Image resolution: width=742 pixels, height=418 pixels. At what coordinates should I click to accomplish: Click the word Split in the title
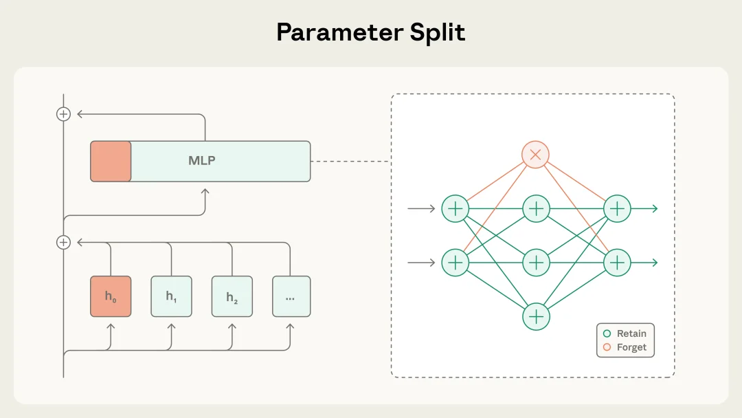click(440, 32)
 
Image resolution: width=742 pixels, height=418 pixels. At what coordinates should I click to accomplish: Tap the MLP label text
click(201, 161)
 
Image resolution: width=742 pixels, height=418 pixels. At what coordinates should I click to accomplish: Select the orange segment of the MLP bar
click(111, 161)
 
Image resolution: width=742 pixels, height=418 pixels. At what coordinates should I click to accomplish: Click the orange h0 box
click(111, 296)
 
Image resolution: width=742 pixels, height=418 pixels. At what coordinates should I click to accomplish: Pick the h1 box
click(171, 296)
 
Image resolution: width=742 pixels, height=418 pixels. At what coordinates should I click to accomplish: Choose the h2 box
click(232, 296)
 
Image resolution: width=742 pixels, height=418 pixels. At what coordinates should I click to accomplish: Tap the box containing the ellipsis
click(291, 296)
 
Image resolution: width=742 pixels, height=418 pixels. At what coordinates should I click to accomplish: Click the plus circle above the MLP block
click(63, 114)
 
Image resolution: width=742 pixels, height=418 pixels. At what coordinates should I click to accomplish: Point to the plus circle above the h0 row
click(63, 242)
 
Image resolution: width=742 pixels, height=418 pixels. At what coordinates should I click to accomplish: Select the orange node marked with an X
click(535, 155)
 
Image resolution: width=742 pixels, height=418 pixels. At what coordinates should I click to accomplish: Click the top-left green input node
click(454, 208)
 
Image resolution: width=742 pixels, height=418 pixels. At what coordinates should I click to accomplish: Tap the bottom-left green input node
click(454, 263)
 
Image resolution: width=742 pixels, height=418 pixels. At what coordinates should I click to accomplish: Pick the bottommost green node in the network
click(536, 316)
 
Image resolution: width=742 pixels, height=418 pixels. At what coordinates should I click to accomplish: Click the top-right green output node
click(617, 208)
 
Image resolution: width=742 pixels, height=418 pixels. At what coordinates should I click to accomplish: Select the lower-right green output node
click(617, 263)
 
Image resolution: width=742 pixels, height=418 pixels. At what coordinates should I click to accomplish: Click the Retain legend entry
click(625, 333)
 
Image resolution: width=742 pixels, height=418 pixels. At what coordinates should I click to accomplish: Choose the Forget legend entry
click(625, 347)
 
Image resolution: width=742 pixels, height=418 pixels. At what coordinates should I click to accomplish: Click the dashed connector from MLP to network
click(350, 162)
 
